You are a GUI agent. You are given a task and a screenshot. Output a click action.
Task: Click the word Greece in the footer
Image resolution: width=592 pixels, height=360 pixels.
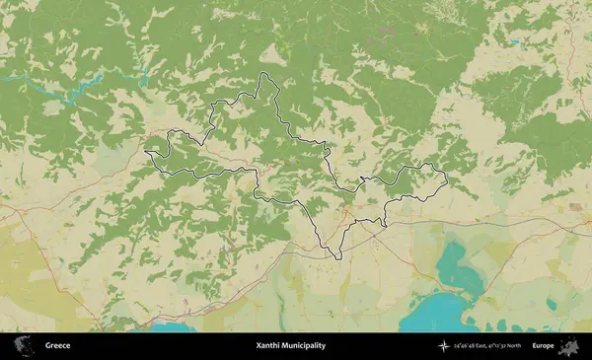(57, 346)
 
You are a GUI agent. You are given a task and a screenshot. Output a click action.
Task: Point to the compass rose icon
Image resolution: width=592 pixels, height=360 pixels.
(445, 346)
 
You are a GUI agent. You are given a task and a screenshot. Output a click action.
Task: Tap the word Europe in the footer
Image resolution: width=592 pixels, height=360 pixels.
(543, 346)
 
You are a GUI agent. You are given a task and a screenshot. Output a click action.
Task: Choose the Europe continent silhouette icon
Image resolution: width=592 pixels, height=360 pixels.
(569, 345)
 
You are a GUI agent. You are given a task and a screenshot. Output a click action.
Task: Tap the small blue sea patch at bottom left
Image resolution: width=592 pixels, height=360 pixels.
(173, 326)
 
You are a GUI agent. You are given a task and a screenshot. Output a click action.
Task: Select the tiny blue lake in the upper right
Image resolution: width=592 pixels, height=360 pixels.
(514, 42)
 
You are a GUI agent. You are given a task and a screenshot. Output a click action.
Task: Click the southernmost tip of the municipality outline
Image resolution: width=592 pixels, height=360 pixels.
(338, 258)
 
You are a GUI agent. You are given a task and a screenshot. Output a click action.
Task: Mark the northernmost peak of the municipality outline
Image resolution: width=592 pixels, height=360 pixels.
(264, 74)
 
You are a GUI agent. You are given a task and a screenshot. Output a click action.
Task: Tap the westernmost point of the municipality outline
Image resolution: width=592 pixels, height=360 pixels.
(145, 152)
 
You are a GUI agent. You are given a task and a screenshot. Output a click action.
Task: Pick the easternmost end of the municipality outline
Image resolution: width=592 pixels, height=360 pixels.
(447, 180)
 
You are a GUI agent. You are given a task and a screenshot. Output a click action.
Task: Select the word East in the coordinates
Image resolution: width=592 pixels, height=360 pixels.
(476, 346)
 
